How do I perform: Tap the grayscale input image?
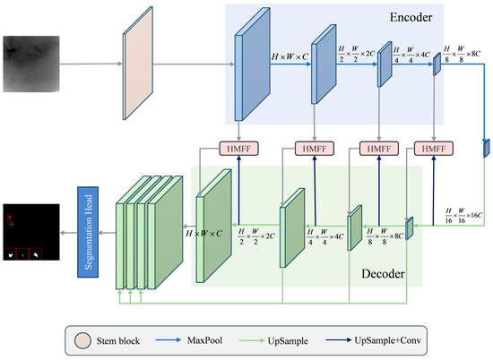(x=31, y=64)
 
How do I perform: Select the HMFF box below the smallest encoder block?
(x=433, y=148)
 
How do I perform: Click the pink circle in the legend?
(x=81, y=339)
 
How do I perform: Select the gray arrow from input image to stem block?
(x=90, y=64)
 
